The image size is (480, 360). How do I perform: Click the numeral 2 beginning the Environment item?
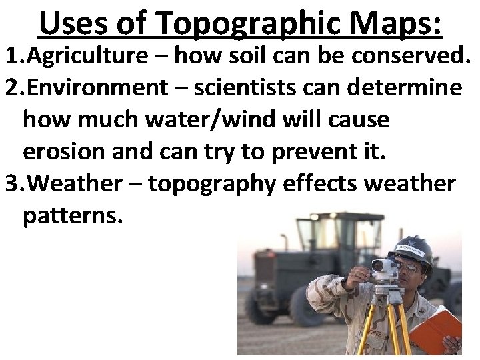9,87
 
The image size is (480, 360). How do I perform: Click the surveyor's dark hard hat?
414,251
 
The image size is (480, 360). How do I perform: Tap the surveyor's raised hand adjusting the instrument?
360,274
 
